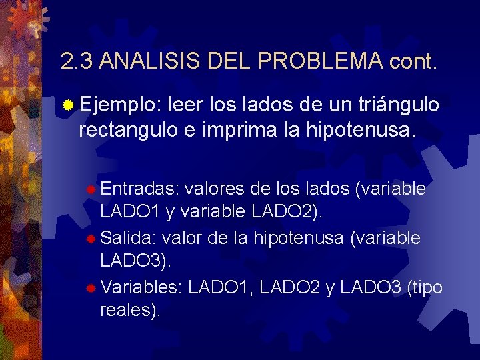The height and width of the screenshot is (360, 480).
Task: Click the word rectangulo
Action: pos(127,131)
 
